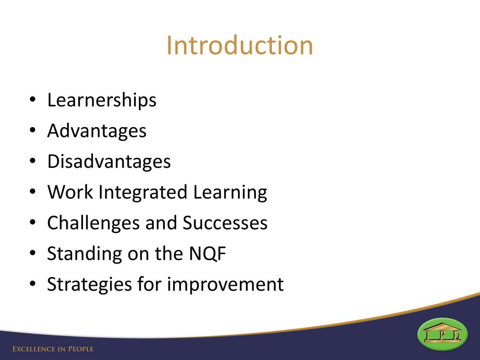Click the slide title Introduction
tap(240, 45)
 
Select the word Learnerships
tap(102, 100)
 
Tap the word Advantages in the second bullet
tap(97, 131)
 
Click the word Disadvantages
tap(109, 161)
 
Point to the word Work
tap(70, 192)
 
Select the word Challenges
tap(94, 223)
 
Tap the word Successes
tap(225, 223)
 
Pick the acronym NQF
tap(208, 254)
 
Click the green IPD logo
tap(442, 334)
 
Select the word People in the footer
tap(81, 349)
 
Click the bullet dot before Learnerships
tap(33, 100)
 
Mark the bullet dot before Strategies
tap(33, 284)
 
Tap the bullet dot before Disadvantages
tap(33, 161)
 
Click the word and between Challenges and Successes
tap(161, 223)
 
